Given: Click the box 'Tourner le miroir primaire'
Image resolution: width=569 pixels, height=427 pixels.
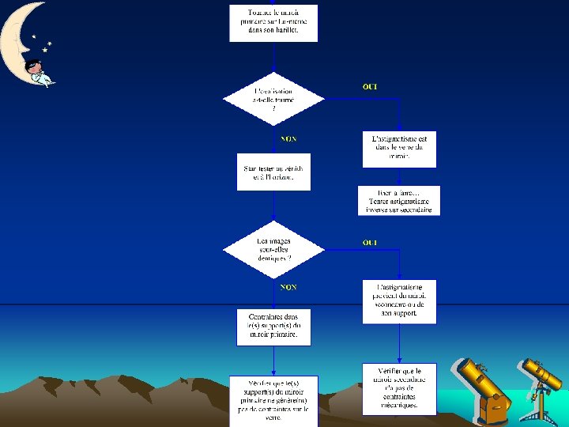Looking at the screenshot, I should click(273, 23).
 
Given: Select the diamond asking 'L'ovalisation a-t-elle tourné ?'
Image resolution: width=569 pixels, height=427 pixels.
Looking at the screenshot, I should click(273, 100).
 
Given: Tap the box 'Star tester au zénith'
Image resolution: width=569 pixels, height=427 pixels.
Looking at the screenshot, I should click(273, 172).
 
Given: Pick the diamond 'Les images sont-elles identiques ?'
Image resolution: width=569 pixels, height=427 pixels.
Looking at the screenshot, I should click(273, 248).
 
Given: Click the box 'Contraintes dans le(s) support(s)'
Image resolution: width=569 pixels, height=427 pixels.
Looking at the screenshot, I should click(273, 327).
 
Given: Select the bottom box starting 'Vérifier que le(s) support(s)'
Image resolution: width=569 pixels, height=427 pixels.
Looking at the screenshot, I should click(273, 400).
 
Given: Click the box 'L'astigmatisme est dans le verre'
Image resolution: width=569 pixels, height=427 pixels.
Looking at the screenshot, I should click(399, 149).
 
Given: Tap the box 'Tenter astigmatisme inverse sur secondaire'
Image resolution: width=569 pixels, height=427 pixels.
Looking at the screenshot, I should click(399, 201).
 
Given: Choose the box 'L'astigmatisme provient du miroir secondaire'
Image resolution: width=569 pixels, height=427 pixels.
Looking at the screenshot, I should click(399, 301).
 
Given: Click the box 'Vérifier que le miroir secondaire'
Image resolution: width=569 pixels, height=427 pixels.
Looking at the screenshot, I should click(399, 388).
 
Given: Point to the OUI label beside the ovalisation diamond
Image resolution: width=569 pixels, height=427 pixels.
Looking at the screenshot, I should click(369, 86).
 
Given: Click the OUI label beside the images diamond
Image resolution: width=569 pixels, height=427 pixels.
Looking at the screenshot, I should click(369, 242).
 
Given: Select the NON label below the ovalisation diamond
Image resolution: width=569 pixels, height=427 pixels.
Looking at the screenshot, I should click(288, 139).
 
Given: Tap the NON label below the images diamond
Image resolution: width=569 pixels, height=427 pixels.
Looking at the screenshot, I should click(288, 287).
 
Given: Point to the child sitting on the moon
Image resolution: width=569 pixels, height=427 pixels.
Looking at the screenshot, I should click(37, 71).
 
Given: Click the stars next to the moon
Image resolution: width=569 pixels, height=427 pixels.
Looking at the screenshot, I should click(46, 44).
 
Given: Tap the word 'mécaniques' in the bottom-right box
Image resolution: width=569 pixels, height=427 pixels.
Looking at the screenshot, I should click(399, 406).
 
